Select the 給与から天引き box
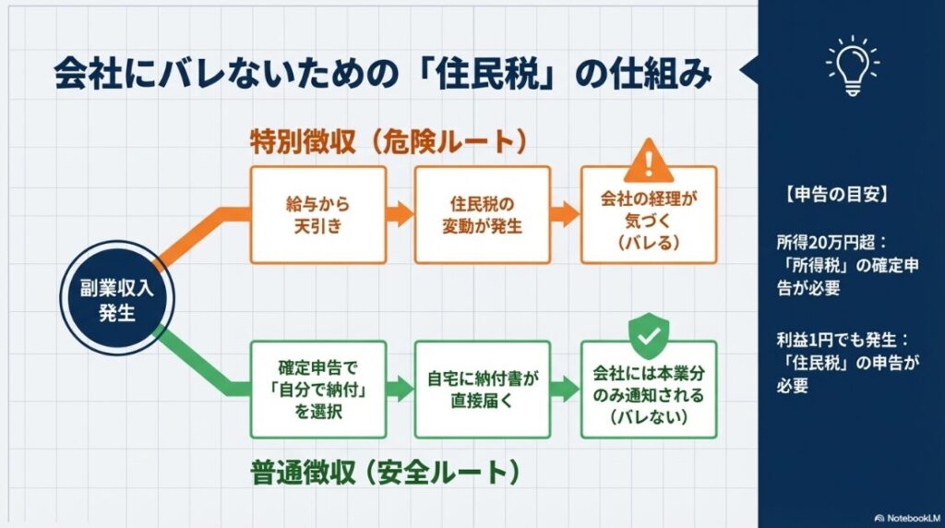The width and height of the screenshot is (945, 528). [x=317, y=214]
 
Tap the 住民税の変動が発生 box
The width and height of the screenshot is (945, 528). [x=482, y=214]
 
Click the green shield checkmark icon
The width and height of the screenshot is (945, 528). [x=649, y=338]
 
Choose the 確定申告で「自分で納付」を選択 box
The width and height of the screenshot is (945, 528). [x=317, y=389]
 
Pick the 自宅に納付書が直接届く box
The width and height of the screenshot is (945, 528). [x=482, y=389]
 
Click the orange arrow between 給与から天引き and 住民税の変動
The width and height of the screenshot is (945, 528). [x=400, y=214]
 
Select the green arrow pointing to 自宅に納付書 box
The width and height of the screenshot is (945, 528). [x=400, y=389]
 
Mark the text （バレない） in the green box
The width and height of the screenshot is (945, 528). [x=649, y=417]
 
